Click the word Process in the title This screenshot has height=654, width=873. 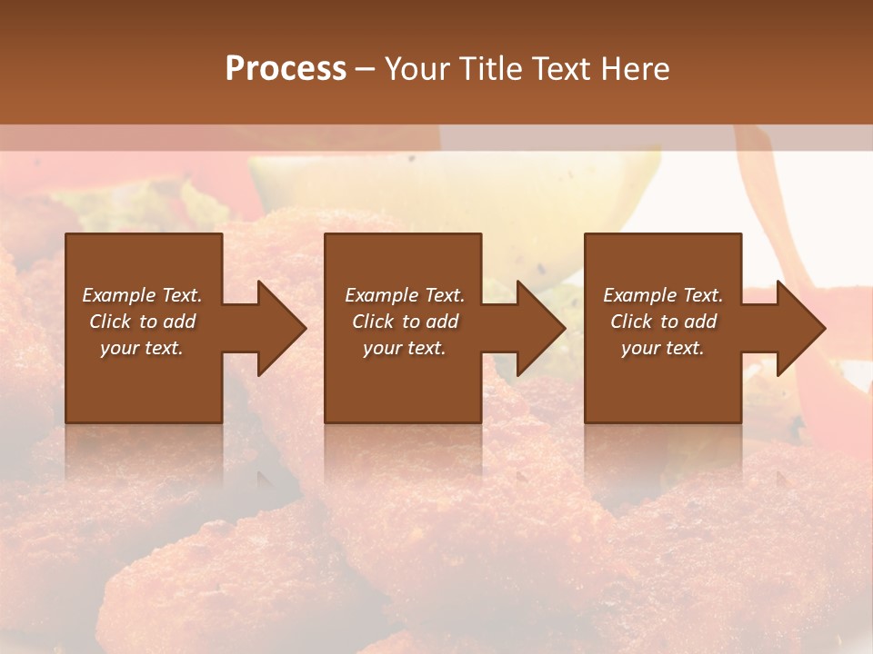click(286, 68)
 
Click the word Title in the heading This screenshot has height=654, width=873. click(488, 68)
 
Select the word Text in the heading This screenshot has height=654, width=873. click(562, 68)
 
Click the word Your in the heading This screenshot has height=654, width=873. click(418, 68)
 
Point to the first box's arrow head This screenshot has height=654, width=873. click(281, 328)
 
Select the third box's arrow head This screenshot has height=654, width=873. click(800, 328)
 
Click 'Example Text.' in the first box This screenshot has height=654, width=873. click(142, 295)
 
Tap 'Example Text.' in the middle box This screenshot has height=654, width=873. click(405, 295)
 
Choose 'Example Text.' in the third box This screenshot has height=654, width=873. click(663, 295)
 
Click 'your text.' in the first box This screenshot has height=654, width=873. click(142, 348)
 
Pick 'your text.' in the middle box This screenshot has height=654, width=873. click(405, 348)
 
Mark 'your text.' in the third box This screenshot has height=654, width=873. click(663, 348)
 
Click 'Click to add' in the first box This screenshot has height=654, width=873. click(142, 322)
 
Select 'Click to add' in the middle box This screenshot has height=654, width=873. click(405, 322)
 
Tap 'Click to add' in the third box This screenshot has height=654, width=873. click(663, 322)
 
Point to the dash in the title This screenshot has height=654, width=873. click(365, 69)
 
